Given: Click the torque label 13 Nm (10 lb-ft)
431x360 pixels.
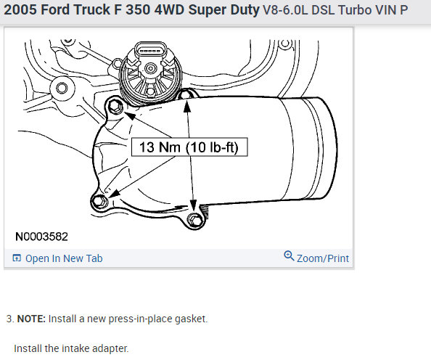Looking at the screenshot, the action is point(189,147).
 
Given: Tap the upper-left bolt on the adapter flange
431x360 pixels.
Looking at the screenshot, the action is point(115,106).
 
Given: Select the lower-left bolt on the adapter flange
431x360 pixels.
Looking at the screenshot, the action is point(99,201).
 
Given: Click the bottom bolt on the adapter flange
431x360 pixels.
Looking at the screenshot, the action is point(194,220).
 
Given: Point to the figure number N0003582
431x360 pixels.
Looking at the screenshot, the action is point(41,237).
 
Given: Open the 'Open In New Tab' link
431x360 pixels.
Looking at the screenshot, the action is point(64,258).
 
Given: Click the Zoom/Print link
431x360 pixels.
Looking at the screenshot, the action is point(323,258).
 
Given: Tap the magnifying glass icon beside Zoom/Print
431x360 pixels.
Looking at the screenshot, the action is point(289,255).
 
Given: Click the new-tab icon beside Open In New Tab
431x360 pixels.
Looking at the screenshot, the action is point(17,258).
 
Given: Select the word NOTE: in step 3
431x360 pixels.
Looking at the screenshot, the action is point(31,319).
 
